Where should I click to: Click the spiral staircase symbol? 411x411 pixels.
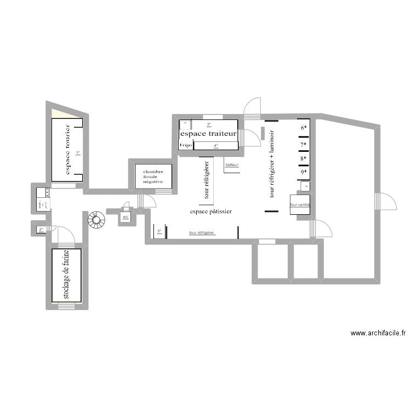tap(96, 220)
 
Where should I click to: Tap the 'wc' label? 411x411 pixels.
tap(125, 218)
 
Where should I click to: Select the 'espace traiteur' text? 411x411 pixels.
tap(208, 134)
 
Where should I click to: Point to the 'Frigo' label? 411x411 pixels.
tap(185, 145)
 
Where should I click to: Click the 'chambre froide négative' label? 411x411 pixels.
tap(153, 176)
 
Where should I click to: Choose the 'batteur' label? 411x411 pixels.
tap(232, 165)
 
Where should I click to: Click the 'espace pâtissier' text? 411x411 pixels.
tap(211, 211)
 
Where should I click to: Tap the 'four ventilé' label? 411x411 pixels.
tap(300, 204)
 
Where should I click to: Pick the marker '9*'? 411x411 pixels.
tap(304, 172)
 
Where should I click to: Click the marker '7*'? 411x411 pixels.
tap(304, 145)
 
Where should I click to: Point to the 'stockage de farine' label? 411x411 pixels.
tap(66, 275)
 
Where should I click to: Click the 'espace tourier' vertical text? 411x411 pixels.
tap(67, 150)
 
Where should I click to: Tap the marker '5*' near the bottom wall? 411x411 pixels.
tap(159, 232)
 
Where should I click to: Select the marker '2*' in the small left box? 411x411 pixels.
tap(41, 229)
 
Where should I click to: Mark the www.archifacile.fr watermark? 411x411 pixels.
tap(378, 333)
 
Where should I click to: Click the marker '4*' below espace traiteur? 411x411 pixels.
tap(216, 146)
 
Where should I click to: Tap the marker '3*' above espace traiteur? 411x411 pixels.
tap(209, 124)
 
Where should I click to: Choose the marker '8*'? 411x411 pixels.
tap(304, 159)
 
